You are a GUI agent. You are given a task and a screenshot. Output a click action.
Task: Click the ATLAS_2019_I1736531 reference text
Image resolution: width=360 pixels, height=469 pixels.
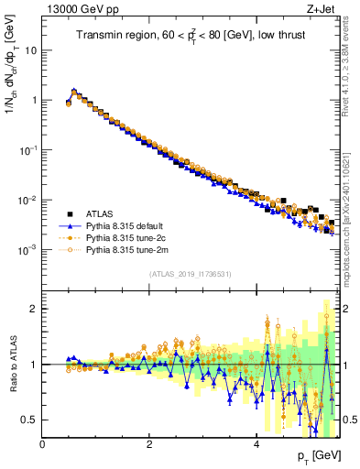pos(191,274)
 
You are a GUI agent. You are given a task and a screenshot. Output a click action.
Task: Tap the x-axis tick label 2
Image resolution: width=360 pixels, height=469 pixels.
pos(149,444)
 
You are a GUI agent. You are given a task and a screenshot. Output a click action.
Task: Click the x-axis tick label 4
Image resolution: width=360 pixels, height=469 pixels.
pos(256,444)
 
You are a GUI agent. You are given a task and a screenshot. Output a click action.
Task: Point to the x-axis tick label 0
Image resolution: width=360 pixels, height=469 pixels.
pos(43,444)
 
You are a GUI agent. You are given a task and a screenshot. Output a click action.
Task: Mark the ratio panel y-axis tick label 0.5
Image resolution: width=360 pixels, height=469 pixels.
pos(27,420)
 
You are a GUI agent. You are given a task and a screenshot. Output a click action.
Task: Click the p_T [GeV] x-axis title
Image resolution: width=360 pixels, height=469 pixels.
pos(317,457)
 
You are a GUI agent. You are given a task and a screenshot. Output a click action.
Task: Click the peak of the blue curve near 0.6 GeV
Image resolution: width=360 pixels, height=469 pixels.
pos(74,91)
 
